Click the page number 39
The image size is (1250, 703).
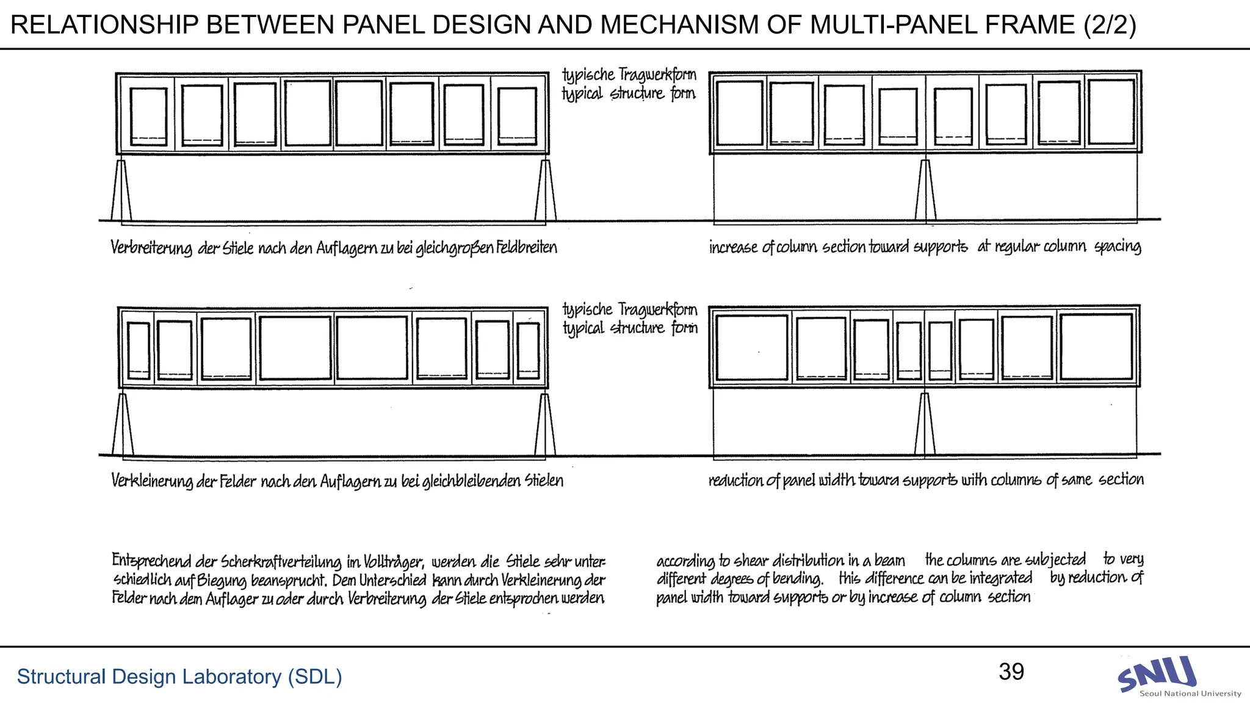pos(1011,672)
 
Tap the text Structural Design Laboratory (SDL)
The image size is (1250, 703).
pos(179,677)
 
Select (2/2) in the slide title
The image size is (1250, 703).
pos(1109,25)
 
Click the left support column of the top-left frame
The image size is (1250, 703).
pos(121,190)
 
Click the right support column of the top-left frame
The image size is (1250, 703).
pos(545,190)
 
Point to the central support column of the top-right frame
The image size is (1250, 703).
pos(925,190)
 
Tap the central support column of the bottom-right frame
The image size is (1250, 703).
pos(925,424)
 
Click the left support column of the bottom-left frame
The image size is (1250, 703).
pos(123,425)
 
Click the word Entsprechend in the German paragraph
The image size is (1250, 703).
pos(151,561)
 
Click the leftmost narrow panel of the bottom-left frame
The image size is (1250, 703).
pos(139,350)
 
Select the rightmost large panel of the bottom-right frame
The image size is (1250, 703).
pos(1096,347)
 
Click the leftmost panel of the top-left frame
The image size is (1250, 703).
pos(148,116)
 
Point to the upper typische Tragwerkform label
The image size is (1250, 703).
pos(629,75)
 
